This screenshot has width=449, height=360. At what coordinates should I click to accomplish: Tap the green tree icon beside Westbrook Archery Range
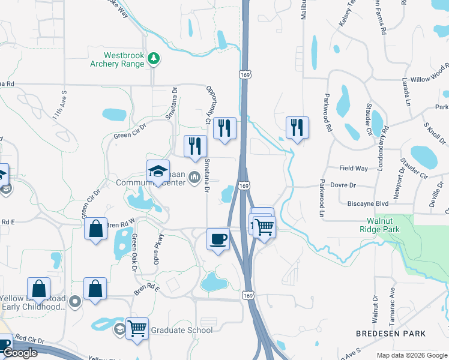[155, 58]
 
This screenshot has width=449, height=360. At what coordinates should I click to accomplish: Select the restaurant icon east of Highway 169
[297, 128]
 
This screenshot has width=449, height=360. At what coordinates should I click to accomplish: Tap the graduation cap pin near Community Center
[158, 172]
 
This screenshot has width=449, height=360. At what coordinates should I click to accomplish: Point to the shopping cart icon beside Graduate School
[137, 329]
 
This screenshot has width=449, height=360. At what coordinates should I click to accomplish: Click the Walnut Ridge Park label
[387, 224]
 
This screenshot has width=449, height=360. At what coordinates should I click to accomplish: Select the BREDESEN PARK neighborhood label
[391, 333]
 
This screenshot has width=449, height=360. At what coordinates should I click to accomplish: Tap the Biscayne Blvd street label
[368, 203]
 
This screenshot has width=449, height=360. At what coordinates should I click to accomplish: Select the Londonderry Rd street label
[380, 148]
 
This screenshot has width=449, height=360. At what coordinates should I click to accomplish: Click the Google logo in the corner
[20, 353]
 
